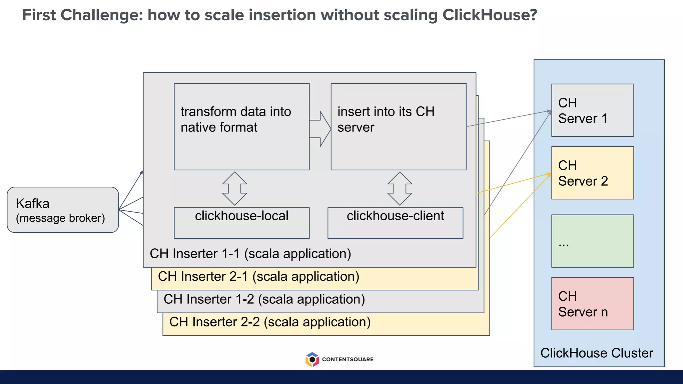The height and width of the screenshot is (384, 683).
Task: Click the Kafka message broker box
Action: tap(63, 210)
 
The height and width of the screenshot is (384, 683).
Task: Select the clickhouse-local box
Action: tap(241, 223)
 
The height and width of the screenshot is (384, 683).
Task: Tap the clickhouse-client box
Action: tap(395, 223)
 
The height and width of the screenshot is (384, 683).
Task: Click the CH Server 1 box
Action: tap(592, 110)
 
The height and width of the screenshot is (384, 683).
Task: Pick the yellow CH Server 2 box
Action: tap(592, 173)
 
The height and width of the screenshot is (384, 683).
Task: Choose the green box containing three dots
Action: tap(592, 241)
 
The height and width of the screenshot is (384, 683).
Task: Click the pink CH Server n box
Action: tap(592, 304)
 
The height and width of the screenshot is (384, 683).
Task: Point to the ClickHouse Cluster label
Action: tap(596, 353)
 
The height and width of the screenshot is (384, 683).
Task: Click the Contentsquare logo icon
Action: tap(312, 359)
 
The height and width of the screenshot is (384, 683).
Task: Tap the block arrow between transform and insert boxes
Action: tap(320, 129)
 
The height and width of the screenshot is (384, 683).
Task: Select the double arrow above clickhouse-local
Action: tap(235, 189)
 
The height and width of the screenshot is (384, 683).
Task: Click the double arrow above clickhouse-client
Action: tap(400, 189)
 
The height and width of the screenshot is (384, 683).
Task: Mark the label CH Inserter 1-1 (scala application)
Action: tap(250, 254)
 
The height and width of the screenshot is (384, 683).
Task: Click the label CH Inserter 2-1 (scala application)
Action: tap(258, 276)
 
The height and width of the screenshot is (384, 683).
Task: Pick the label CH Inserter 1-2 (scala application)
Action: tap(264, 299)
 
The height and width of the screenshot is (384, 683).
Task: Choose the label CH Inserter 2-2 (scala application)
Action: tap(270, 322)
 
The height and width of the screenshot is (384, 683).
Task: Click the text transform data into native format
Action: tap(235, 119)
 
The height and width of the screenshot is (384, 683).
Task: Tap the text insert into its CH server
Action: tap(386, 119)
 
